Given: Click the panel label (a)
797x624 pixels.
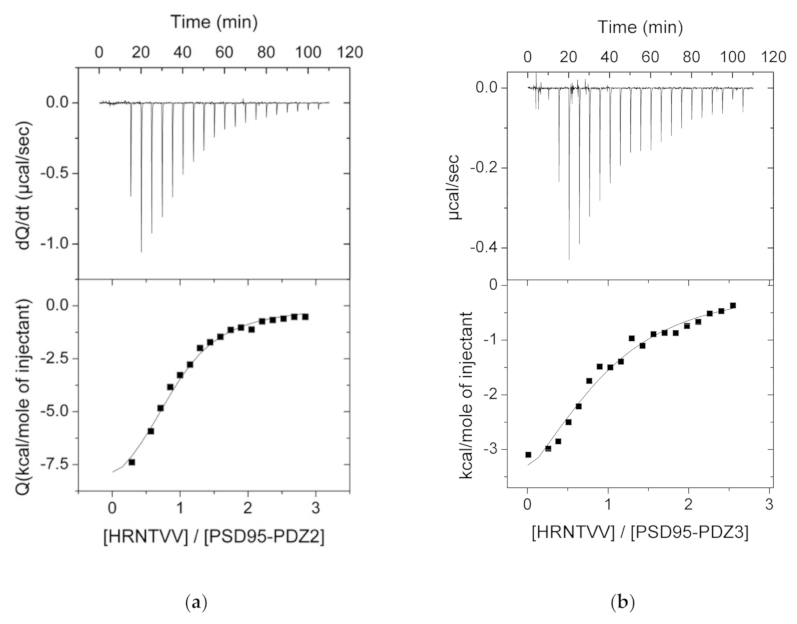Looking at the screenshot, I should (196, 603).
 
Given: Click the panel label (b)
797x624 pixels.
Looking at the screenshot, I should (622, 603).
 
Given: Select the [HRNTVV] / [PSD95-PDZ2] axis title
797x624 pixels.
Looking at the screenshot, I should (214, 537).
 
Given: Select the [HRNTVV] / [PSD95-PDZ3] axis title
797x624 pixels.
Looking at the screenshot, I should (640, 532).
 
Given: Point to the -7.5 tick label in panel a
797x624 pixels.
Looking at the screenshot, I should (55, 464).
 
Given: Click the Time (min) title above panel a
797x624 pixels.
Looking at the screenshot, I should (214, 22).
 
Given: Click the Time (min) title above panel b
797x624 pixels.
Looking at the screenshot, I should (640, 27).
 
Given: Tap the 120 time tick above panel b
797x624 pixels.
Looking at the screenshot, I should (773, 57).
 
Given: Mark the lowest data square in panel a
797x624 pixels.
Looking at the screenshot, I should (132, 462).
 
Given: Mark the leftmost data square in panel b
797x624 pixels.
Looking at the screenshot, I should (528, 455).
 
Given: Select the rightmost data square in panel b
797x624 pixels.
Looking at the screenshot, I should (733, 305).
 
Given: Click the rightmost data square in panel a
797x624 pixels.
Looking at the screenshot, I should (305, 316).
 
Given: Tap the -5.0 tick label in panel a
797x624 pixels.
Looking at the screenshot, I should (55, 411).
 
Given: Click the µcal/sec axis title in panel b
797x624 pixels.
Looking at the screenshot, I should (455, 187).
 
